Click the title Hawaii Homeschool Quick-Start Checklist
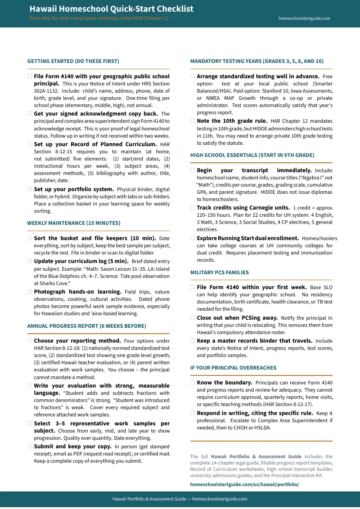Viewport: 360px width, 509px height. (111, 9)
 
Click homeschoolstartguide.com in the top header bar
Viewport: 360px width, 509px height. (304, 18)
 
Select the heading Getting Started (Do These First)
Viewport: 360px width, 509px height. (73, 61)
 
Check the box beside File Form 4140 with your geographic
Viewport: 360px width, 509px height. (30, 76)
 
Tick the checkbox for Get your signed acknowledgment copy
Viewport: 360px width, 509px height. (30, 114)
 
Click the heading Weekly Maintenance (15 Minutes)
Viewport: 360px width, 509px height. (74, 223)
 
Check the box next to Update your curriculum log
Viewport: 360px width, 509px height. (30, 261)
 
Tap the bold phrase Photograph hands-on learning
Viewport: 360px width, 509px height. (77, 292)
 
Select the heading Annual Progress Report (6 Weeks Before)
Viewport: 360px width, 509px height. (86, 326)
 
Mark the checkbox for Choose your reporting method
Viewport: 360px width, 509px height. (30, 341)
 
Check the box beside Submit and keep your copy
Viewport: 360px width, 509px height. (30, 446)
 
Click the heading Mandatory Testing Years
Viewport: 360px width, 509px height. (256, 61)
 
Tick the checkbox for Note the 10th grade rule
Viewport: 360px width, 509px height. (193, 121)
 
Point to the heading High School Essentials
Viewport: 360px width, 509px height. (252, 155)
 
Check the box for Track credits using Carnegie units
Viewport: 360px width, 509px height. (193, 208)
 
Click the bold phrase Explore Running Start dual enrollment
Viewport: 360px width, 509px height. (247, 238)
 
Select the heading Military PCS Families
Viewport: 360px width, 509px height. (219, 272)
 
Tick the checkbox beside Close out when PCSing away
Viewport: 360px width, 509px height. (193, 318)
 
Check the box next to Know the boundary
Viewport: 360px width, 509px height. (193, 383)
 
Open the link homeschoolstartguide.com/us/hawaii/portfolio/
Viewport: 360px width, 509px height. (244, 484)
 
